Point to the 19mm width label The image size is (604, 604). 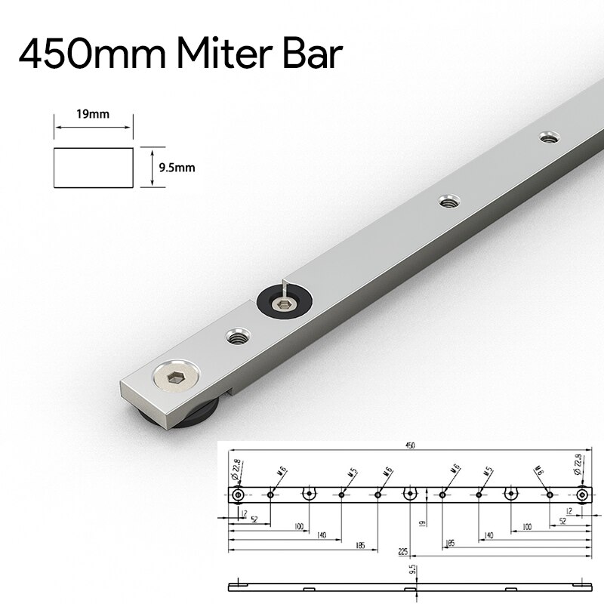(92, 114)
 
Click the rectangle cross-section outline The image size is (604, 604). (94, 168)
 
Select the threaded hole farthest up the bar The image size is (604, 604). (549, 137)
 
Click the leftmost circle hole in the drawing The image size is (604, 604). (238, 495)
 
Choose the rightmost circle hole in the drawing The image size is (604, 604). (581, 495)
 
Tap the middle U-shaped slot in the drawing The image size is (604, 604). (409, 494)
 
